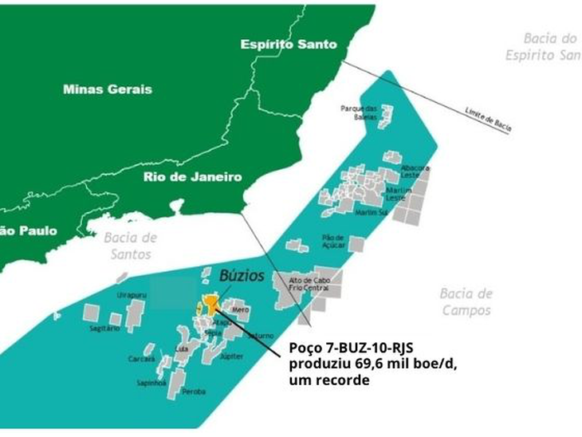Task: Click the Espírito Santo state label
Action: tap(289, 45)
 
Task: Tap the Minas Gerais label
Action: tap(107, 89)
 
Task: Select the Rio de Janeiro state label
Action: tap(192, 177)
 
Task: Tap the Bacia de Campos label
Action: tap(466, 301)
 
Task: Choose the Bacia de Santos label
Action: tap(131, 246)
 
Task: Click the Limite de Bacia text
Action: tap(487, 118)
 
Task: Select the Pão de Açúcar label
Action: tap(333, 241)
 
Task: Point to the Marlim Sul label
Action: tap(371, 213)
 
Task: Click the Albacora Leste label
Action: tap(416, 172)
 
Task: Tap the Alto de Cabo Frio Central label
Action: tap(309, 283)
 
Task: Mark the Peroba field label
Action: tap(194, 392)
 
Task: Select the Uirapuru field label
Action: tap(132, 295)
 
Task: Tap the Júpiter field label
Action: tap(230, 356)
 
